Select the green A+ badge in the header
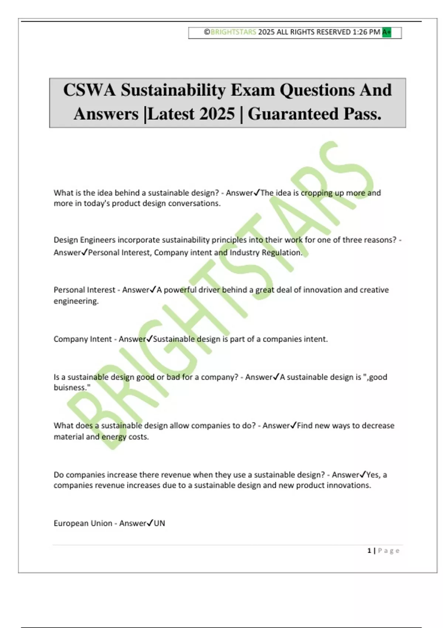(387, 33)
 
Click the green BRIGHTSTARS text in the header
(233, 32)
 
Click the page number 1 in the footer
(369, 551)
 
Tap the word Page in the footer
(389, 551)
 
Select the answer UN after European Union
(159, 523)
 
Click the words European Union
(83, 523)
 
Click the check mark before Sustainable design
(150, 339)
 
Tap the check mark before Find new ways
(293, 425)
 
